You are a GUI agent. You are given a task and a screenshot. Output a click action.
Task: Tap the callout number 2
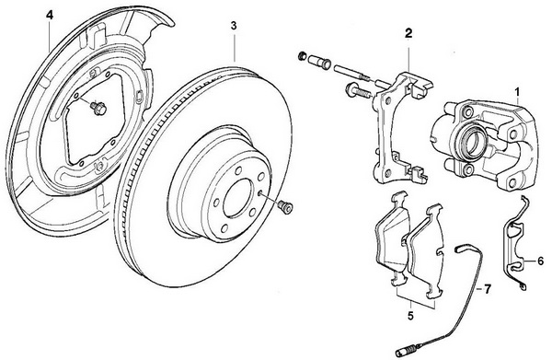[x=408, y=33]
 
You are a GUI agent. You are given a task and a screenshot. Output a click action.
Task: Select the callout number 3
[x=234, y=26]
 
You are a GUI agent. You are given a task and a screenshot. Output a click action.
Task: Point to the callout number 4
[x=50, y=15]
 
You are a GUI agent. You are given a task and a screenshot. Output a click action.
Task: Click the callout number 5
[x=410, y=316]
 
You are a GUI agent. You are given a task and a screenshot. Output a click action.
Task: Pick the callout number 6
[x=540, y=261]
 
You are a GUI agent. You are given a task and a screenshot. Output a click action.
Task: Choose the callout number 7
[x=487, y=289]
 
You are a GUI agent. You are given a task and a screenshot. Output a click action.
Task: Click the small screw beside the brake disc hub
[x=285, y=207]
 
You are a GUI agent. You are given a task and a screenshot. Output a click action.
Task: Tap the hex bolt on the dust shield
[x=98, y=108]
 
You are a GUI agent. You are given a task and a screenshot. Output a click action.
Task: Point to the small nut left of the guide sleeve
[x=302, y=55]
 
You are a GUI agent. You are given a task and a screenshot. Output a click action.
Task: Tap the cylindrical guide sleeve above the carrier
[x=319, y=62]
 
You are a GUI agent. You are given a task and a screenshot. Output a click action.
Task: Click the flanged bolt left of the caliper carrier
[x=356, y=91]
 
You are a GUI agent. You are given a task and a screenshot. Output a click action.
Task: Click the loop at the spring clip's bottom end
[x=523, y=287]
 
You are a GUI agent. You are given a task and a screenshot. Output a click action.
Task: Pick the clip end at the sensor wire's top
[x=461, y=250]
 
